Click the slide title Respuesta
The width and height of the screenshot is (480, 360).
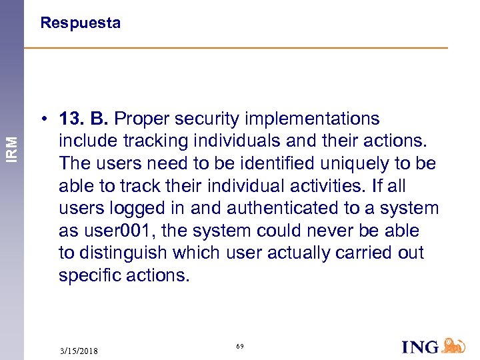click(80, 23)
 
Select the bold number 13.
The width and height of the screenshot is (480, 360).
click(71, 119)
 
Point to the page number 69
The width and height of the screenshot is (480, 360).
click(240, 347)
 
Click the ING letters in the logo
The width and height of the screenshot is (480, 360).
click(420, 347)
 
